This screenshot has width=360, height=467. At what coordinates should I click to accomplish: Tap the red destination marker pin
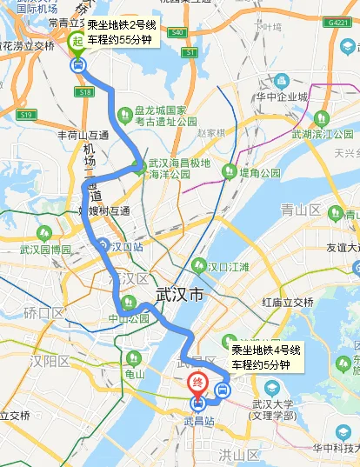(x=198, y=383)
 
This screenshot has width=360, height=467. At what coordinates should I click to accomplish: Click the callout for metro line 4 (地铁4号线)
(x=266, y=357)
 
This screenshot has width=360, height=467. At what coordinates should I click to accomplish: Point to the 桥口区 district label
(x=43, y=312)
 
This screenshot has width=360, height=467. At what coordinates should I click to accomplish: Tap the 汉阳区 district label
(x=47, y=360)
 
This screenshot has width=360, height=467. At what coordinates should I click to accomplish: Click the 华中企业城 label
(x=283, y=97)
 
